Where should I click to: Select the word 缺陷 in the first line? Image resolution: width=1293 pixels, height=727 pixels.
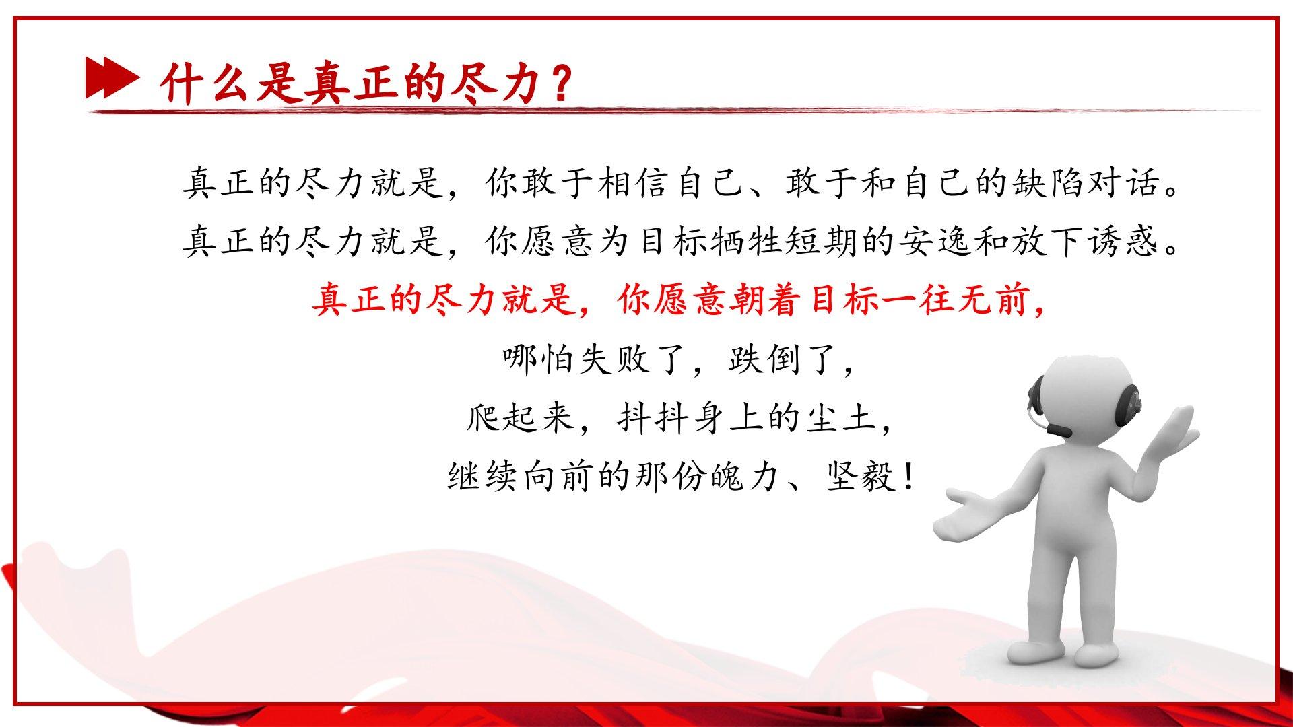[x=1049, y=182]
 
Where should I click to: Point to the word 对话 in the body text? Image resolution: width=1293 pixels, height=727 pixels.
[x=1124, y=182]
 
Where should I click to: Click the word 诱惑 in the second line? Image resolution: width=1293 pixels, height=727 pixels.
[x=1124, y=241]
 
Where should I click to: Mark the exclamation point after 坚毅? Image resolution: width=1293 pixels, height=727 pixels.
[x=908, y=477]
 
